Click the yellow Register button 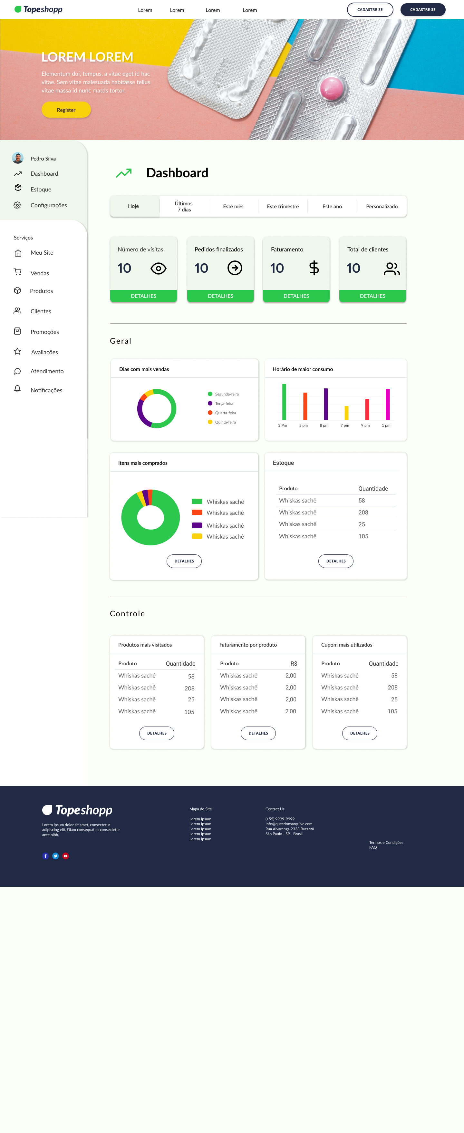(66, 110)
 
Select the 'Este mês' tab (233, 206)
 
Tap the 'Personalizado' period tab (382, 206)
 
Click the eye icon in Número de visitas (158, 268)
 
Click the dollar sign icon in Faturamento (314, 268)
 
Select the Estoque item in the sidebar (41, 190)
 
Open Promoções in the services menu (44, 332)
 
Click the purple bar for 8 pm (326, 404)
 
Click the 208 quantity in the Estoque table (363, 513)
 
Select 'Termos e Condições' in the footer (386, 843)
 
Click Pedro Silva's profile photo (18, 158)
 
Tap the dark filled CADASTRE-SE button (423, 10)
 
